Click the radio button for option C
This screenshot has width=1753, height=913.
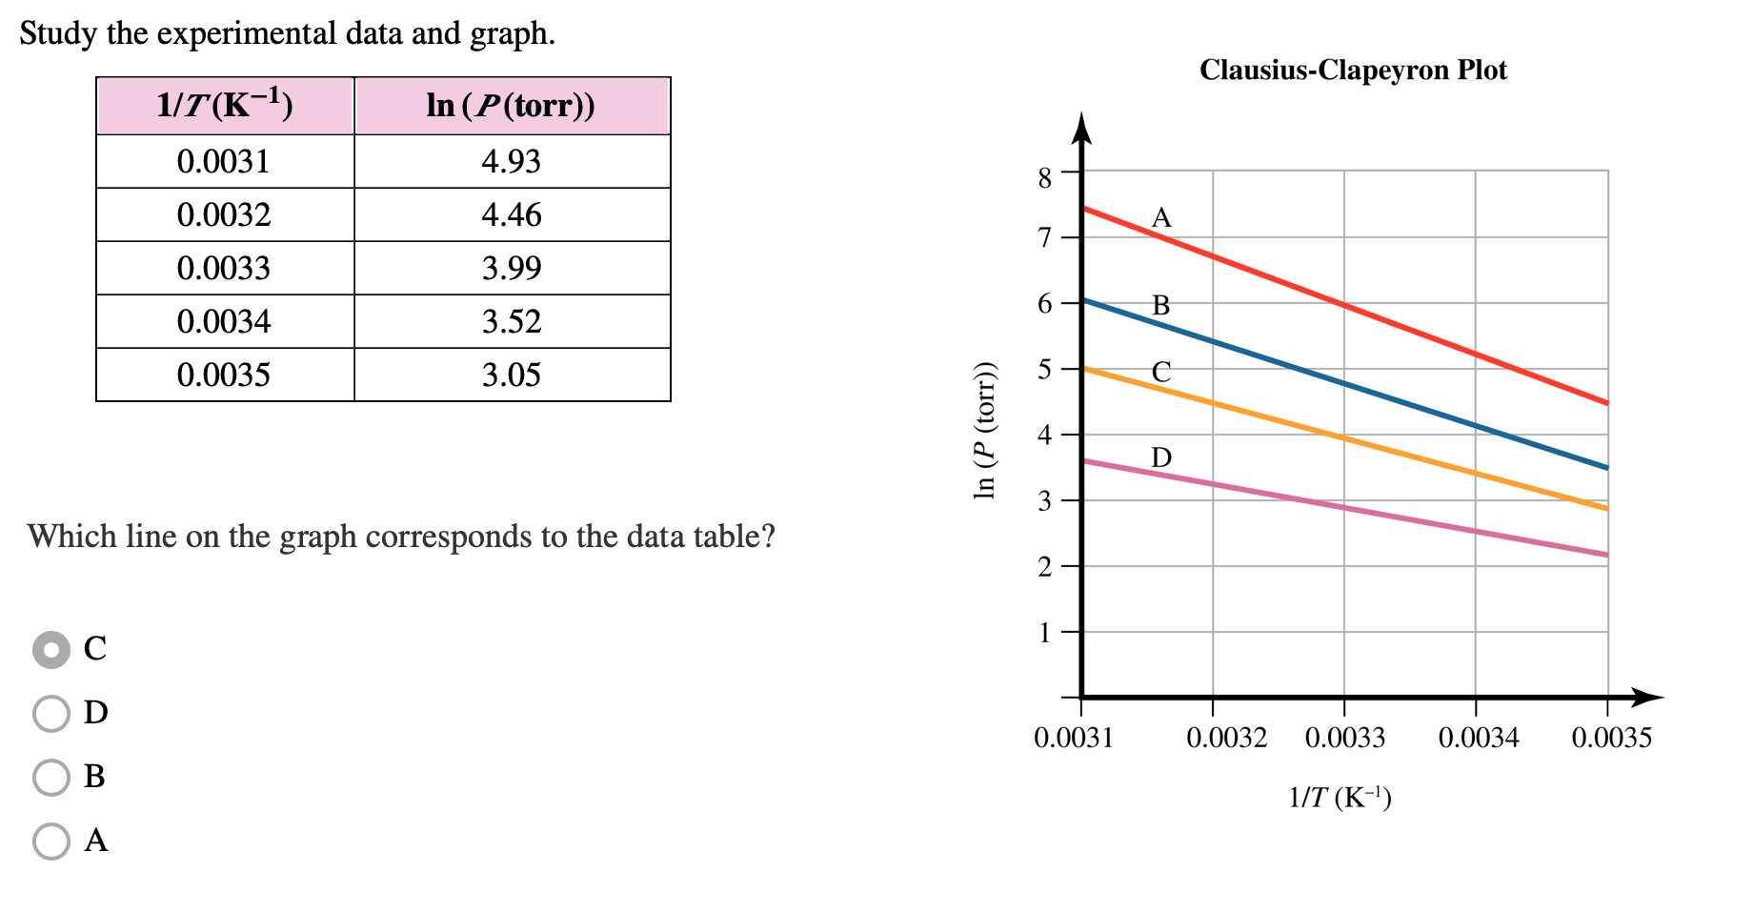click(51, 650)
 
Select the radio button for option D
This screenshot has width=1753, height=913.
click(51, 713)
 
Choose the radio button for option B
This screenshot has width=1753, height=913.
click(51, 777)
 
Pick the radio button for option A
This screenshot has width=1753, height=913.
click(51, 841)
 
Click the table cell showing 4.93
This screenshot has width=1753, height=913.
click(513, 161)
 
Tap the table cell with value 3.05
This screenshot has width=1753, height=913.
click(513, 375)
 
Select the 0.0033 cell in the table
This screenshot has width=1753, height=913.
click(225, 268)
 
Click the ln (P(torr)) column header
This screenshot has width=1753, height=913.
click(513, 106)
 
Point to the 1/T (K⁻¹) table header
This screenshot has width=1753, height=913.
click(225, 106)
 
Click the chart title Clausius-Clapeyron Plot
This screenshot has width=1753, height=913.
click(1353, 70)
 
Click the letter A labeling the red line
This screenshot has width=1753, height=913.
click(1161, 218)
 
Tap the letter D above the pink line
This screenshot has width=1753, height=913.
click(1161, 457)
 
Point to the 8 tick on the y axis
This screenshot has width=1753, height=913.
click(1045, 177)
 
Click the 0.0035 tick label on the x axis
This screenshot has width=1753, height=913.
click(1612, 738)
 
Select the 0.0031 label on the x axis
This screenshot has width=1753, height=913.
click(1074, 738)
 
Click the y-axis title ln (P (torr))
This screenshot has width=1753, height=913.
click(985, 431)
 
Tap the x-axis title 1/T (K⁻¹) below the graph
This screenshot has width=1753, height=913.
click(1340, 797)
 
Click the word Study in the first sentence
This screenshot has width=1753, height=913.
click(58, 34)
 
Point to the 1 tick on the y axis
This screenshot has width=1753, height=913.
click(1045, 633)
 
